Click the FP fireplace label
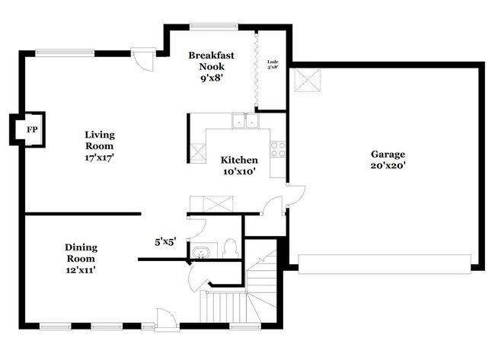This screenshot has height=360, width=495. (32, 130)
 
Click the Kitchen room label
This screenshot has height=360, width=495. (239, 161)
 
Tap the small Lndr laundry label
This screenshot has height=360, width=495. (273, 62)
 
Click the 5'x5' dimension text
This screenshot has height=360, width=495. (166, 242)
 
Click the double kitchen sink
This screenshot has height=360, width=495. (244, 120)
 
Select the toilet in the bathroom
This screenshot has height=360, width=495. (230, 249)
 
